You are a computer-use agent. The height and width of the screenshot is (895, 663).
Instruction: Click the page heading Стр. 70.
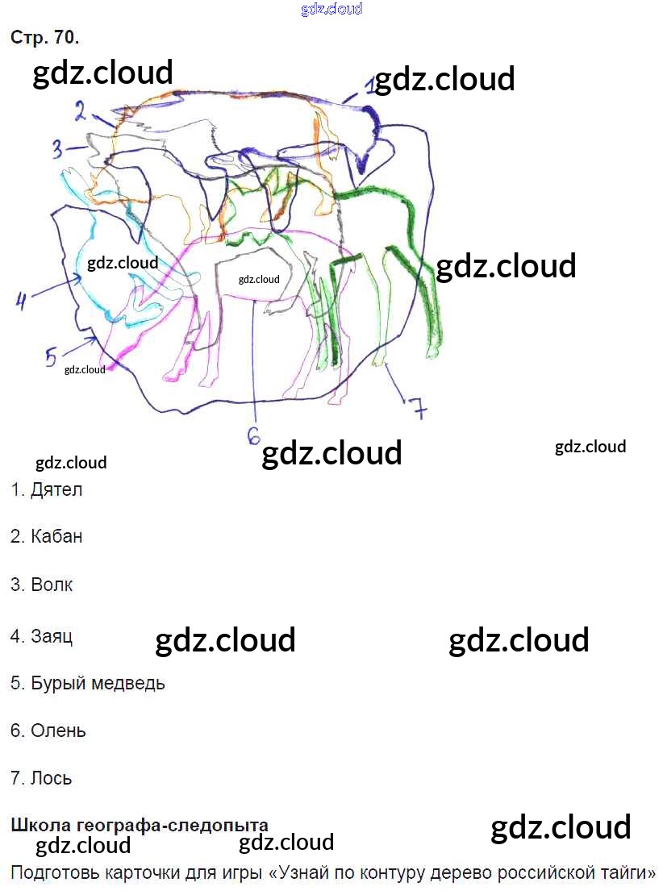pyautogui.click(x=44, y=38)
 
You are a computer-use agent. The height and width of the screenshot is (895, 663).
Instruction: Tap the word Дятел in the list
pyautogui.click(x=56, y=489)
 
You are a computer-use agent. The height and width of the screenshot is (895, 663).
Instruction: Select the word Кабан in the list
pyautogui.click(x=56, y=536)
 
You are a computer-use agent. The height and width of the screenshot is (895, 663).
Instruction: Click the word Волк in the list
pyautogui.click(x=52, y=585)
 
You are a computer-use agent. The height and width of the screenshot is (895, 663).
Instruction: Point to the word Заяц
pyautogui.click(x=52, y=636)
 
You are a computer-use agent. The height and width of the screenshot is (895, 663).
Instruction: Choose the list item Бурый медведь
pyautogui.click(x=98, y=683)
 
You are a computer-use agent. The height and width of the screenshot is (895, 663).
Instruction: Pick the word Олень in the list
pyautogui.click(x=58, y=731)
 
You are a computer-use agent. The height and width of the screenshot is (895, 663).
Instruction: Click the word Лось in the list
pyautogui.click(x=52, y=778)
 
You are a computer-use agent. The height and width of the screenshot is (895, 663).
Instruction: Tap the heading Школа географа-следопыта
pyautogui.click(x=139, y=825)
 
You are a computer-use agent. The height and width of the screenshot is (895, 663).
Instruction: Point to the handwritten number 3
pyautogui.click(x=57, y=149)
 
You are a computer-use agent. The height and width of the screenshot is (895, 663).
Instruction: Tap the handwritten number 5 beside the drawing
pyautogui.click(x=51, y=356)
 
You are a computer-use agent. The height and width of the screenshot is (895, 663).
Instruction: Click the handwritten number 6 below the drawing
pyautogui.click(x=253, y=435)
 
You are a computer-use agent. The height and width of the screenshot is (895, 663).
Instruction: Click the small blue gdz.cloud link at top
pyautogui.click(x=331, y=9)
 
